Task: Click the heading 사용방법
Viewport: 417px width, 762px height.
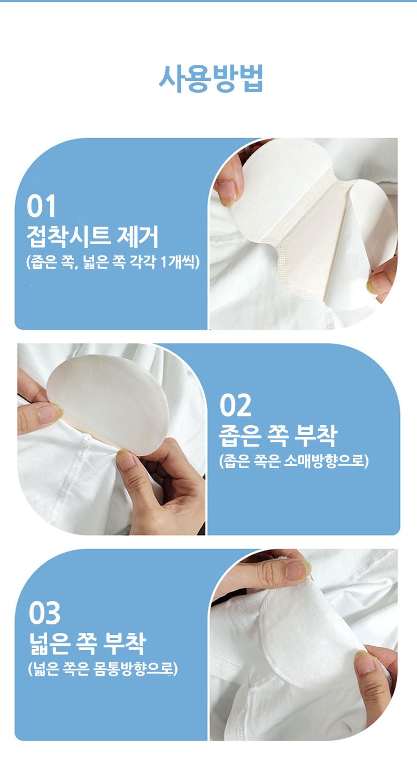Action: tap(211, 79)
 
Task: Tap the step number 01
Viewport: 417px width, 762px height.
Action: tap(41, 206)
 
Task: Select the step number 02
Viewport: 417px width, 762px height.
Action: tap(235, 405)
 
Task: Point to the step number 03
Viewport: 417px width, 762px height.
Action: tap(44, 612)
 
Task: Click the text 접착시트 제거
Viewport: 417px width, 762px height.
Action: tap(92, 237)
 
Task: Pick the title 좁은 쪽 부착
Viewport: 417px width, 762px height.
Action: tap(278, 436)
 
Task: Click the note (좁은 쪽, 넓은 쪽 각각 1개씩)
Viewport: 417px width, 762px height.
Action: tap(113, 262)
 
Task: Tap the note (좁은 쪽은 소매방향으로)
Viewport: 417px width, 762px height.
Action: tap(294, 461)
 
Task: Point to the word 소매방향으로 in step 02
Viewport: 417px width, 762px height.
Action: tap(326, 461)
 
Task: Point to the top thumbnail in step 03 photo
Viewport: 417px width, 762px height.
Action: tap(297, 570)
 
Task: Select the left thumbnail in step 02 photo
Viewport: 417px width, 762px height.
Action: tap(49, 413)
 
